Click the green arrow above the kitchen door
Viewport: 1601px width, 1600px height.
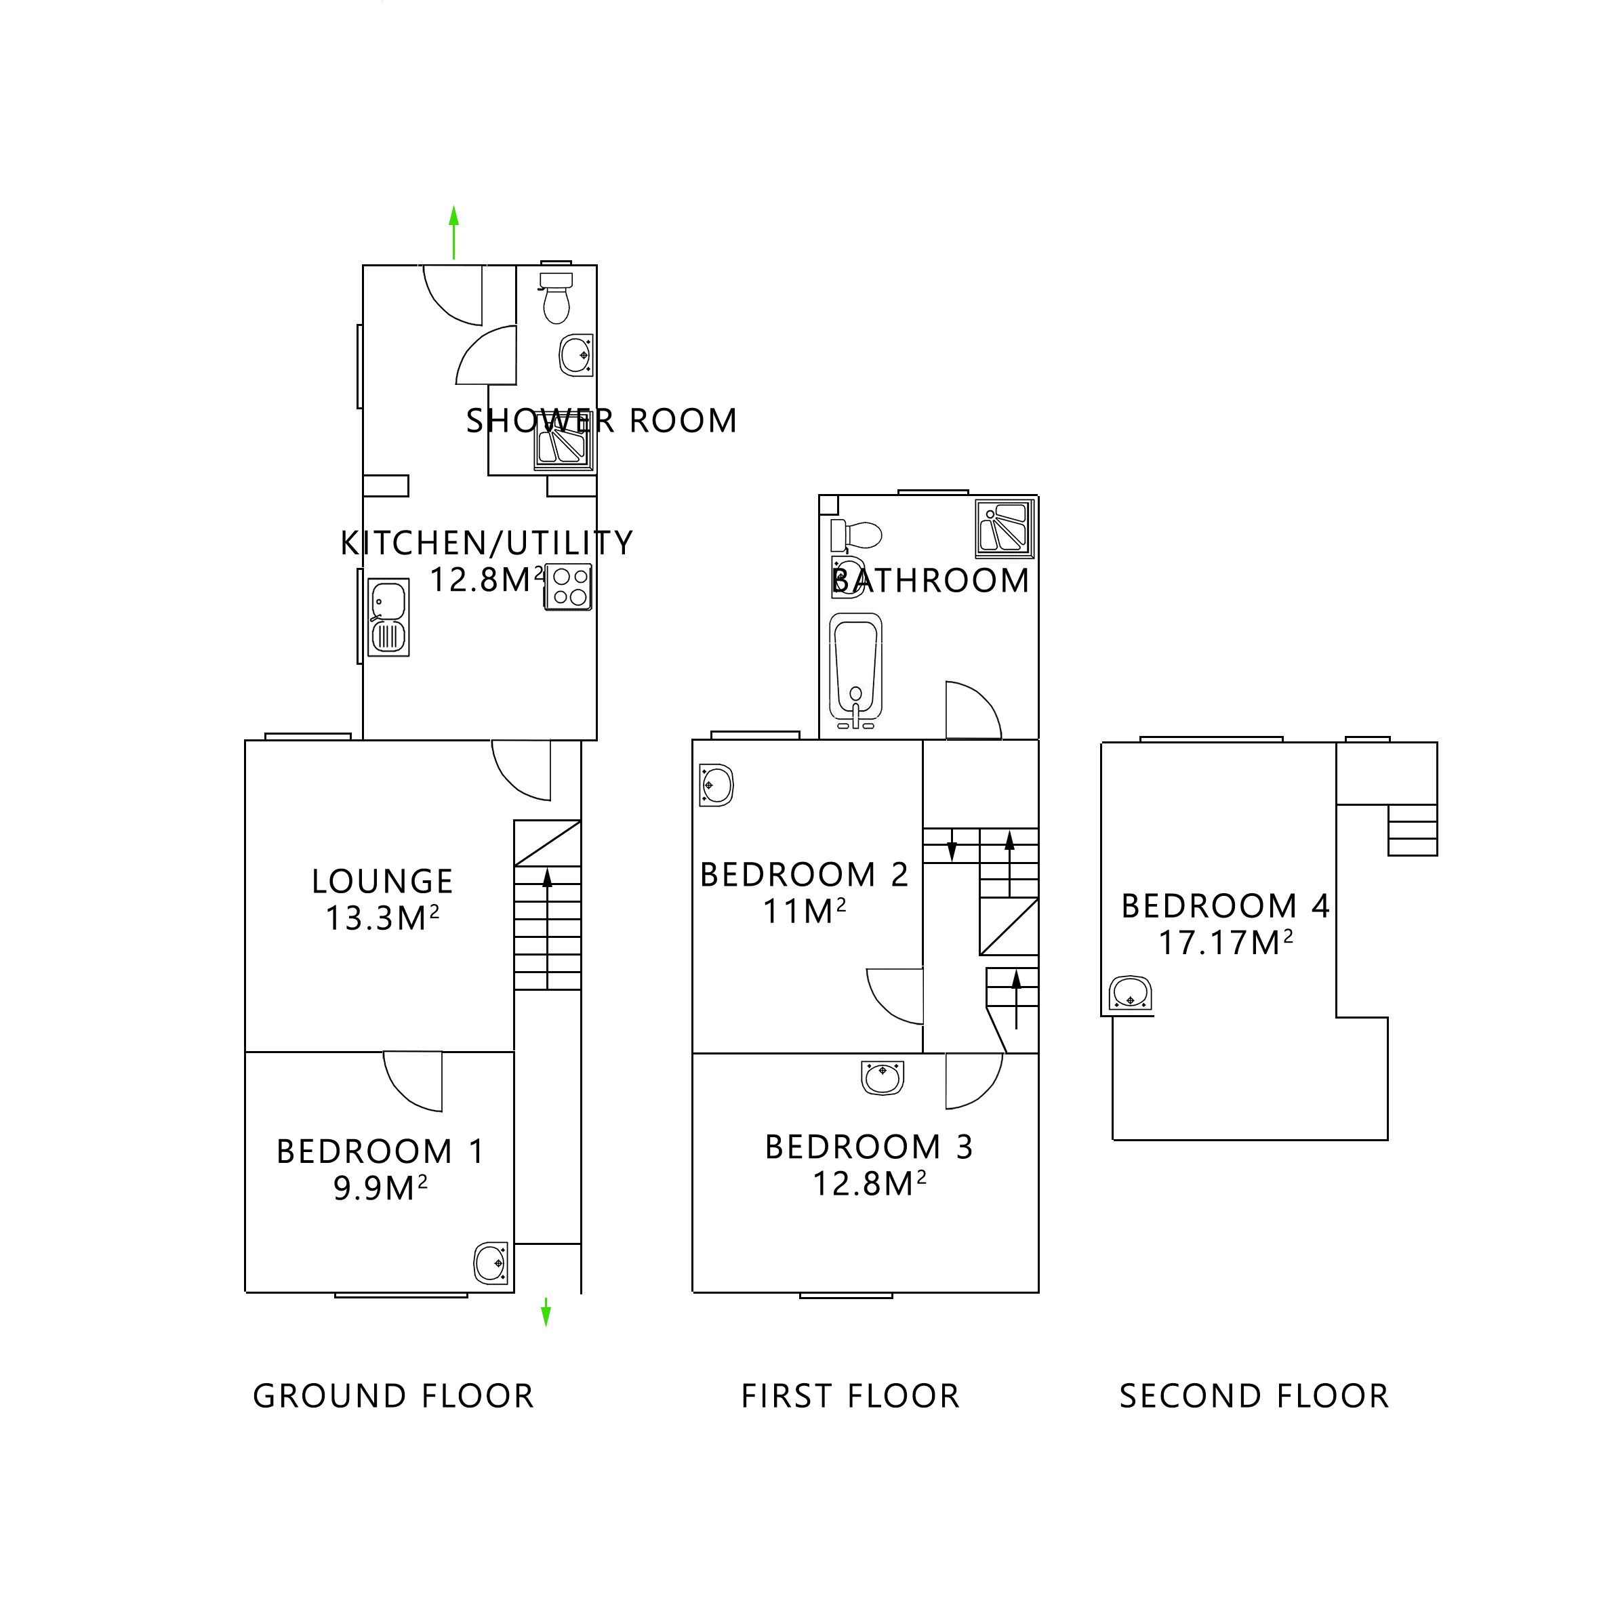click(453, 232)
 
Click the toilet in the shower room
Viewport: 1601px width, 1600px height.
click(556, 298)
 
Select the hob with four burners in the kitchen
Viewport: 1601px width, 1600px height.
click(569, 587)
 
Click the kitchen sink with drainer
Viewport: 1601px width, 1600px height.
click(388, 618)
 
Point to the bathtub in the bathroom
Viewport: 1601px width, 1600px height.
click(855, 668)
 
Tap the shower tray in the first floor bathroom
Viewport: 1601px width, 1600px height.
click(1005, 527)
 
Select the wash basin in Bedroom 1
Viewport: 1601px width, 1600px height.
click(491, 1263)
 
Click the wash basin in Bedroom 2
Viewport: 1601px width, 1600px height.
click(716, 785)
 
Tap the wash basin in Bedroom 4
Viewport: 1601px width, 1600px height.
click(1131, 993)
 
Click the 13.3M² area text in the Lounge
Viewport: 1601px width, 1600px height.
click(382, 918)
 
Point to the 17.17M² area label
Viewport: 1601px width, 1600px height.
click(1225, 943)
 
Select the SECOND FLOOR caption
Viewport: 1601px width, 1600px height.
click(1254, 1396)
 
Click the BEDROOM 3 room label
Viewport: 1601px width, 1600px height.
click(868, 1147)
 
